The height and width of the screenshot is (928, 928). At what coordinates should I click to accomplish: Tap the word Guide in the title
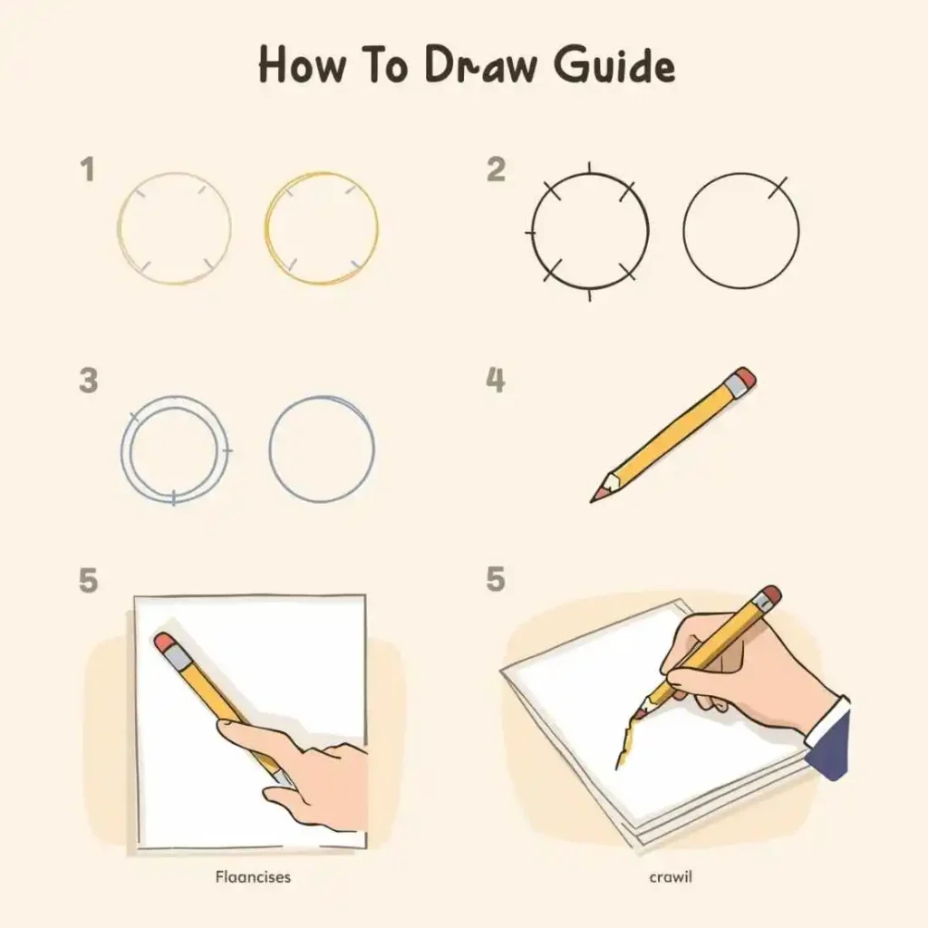click(615, 64)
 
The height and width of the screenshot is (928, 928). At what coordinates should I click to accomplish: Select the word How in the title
click(302, 64)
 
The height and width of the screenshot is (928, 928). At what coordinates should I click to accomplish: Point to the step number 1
click(88, 169)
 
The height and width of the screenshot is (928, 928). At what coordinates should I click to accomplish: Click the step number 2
click(496, 169)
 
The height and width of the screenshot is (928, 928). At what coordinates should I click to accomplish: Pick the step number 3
click(88, 380)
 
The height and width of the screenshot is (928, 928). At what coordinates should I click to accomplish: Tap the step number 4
click(496, 380)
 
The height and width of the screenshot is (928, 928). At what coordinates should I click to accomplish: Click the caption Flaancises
click(253, 876)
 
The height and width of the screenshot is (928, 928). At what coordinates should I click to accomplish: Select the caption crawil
click(671, 876)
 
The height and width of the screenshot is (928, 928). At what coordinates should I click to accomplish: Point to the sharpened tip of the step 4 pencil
click(592, 500)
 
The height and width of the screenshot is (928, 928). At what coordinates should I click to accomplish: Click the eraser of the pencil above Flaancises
click(164, 643)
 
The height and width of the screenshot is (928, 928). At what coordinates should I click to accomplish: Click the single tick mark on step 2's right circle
click(778, 187)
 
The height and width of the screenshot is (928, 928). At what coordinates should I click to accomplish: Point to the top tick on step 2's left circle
click(589, 168)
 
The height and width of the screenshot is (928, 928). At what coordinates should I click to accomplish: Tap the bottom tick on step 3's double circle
click(173, 498)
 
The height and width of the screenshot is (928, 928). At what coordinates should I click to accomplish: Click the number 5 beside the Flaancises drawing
click(88, 580)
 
